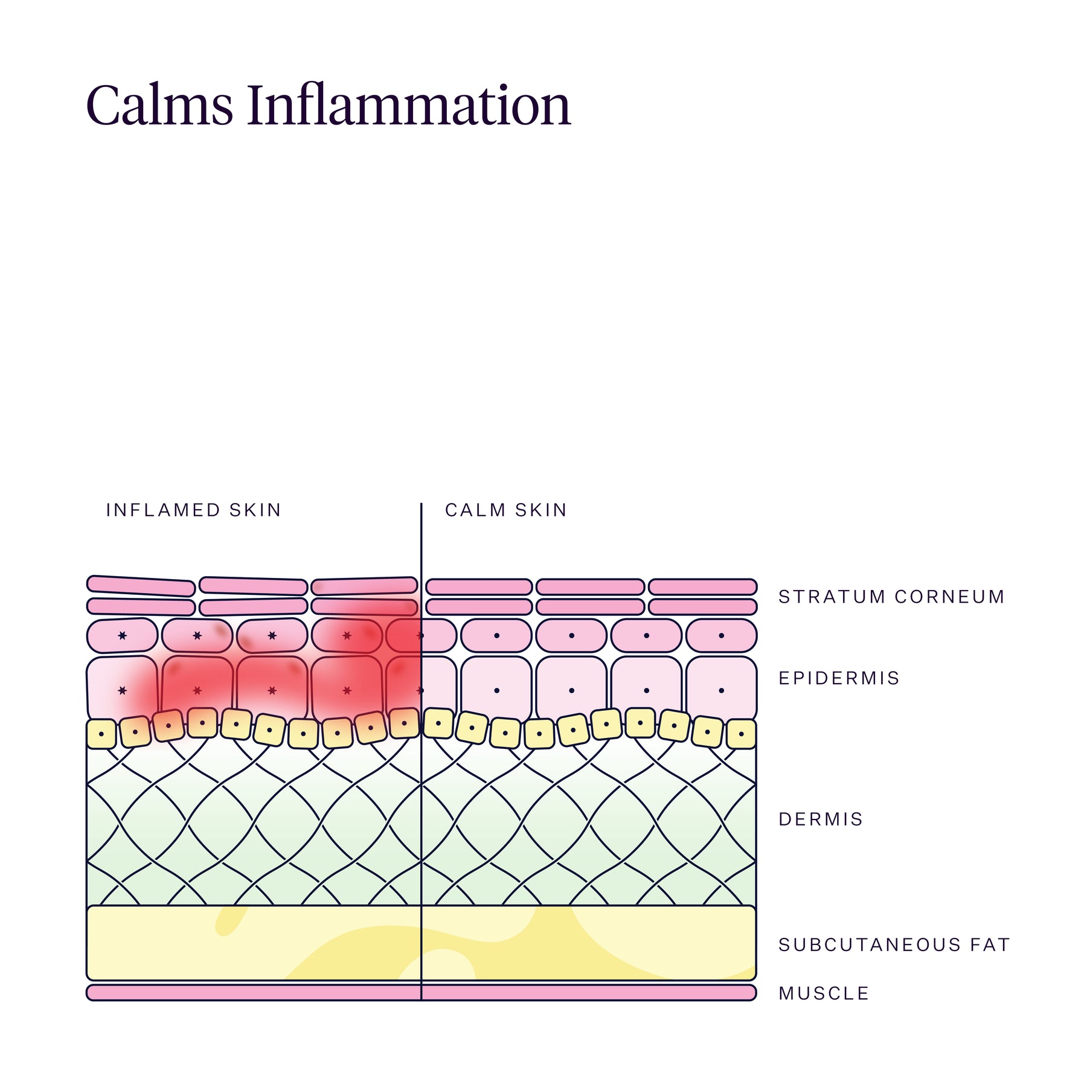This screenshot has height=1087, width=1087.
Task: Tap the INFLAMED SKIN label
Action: [193, 510]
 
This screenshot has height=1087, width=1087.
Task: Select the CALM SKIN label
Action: [506, 510]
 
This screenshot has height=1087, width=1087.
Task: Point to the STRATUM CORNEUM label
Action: [891, 597]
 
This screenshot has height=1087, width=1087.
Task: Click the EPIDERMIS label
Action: [839, 678]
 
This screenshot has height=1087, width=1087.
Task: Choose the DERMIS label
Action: [821, 819]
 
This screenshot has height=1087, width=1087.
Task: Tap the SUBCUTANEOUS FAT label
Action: [894, 944]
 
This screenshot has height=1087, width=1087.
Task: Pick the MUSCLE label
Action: [824, 993]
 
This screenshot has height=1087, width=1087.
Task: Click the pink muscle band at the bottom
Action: [422, 993]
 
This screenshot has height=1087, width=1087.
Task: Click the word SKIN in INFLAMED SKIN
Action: [255, 510]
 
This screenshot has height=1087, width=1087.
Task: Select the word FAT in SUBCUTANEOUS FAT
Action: [990, 944]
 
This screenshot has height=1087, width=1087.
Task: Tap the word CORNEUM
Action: [949, 597]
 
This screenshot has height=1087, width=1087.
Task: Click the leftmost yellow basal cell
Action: [101, 734]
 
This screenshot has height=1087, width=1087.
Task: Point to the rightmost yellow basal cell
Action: [741, 734]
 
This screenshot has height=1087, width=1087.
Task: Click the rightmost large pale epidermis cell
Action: [721, 689]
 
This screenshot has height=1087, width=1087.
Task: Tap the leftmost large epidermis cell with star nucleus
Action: [122, 689]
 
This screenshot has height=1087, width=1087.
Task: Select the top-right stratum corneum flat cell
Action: [702, 587]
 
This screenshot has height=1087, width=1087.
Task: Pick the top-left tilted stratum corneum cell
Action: [141, 586]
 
